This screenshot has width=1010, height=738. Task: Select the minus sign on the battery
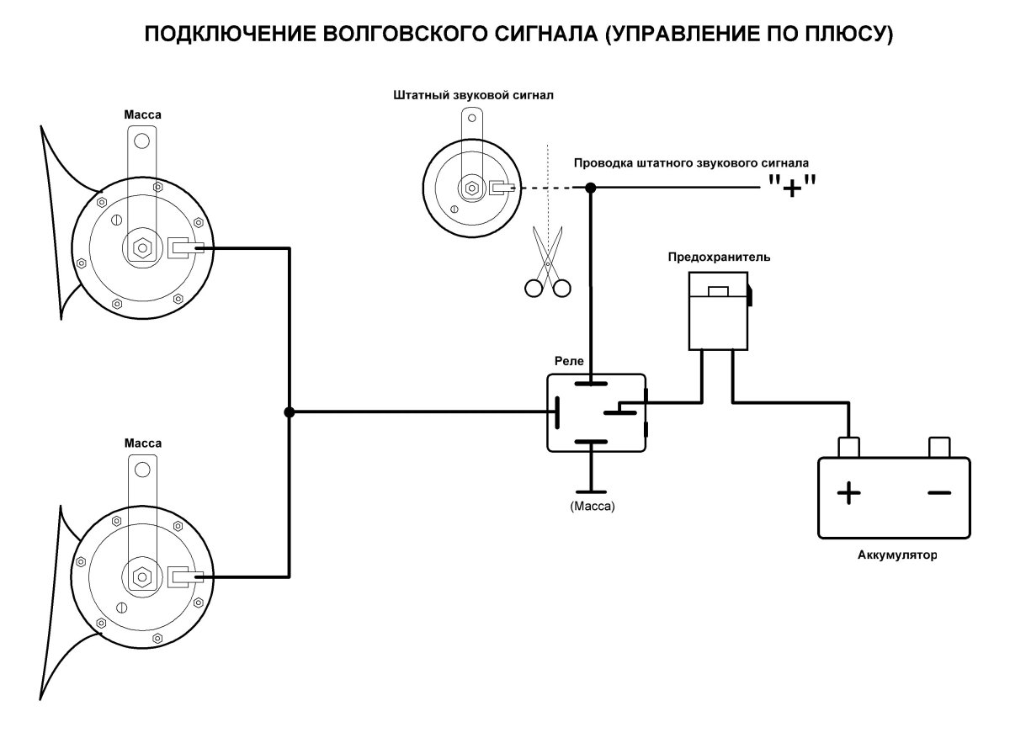tap(938, 493)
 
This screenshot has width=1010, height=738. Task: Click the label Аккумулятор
tap(896, 555)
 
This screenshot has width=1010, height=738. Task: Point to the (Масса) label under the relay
tap(593, 507)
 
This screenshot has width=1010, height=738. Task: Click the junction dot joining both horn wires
tap(289, 412)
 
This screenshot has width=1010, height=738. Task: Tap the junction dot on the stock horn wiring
tap(591, 188)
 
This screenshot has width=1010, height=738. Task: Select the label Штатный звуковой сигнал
tap(473, 95)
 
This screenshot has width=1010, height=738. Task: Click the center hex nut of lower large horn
tap(141, 577)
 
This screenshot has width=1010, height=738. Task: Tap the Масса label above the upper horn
tap(142, 114)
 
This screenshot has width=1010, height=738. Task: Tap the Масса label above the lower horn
tap(142, 443)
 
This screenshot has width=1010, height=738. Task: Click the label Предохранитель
tap(718, 256)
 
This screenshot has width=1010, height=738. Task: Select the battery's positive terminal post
tap(848, 446)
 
